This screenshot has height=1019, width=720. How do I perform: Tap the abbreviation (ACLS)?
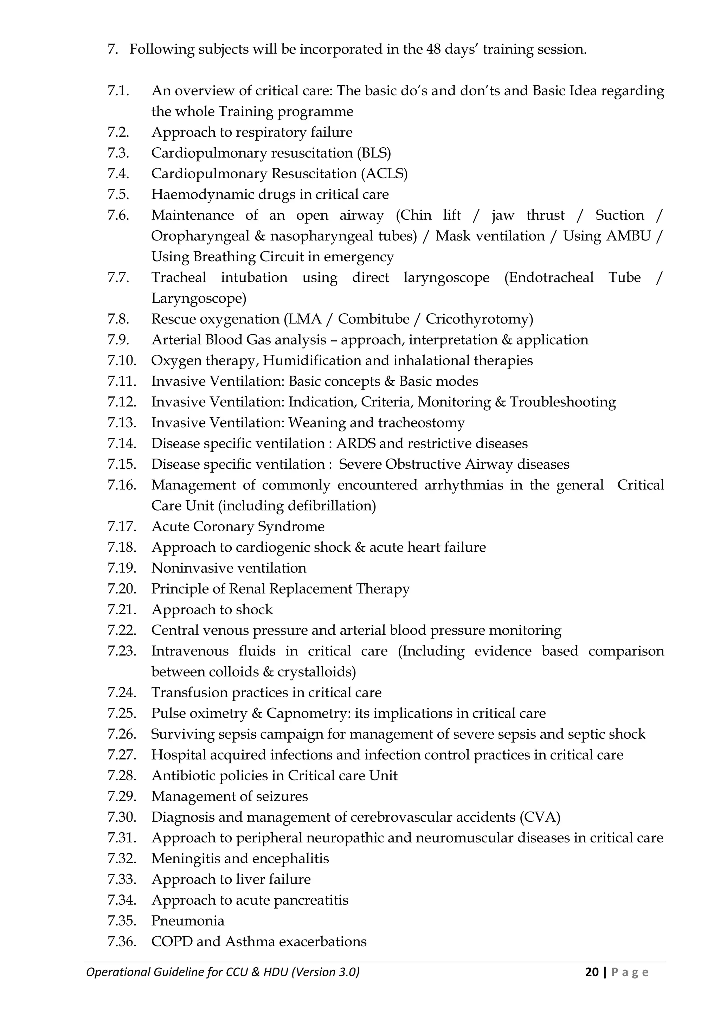pyautogui.click(x=384, y=174)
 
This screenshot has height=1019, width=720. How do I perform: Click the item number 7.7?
pyautogui.click(x=118, y=277)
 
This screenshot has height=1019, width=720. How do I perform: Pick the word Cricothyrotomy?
pyautogui.click(x=479, y=319)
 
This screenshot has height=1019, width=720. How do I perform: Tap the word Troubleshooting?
pyautogui.click(x=562, y=402)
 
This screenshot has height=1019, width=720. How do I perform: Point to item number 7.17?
pyautogui.click(x=122, y=526)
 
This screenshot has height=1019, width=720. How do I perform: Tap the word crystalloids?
pyautogui.click(x=316, y=672)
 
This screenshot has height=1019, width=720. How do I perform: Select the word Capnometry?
pyautogui.click(x=305, y=713)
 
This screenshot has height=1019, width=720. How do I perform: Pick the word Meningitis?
pyautogui.click(x=185, y=859)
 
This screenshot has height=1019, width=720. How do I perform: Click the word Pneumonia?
pyautogui.click(x=188, y=921)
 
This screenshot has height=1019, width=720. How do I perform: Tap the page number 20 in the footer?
pyautogui.click(x=591, y=972)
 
